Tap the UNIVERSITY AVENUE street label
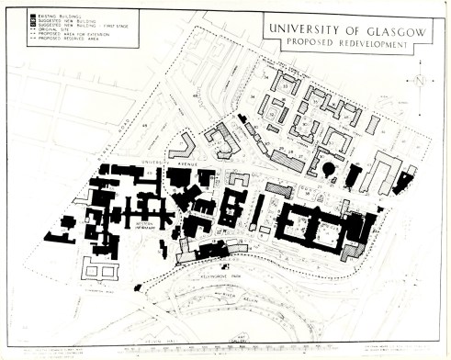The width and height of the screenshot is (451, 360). point(163,167)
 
